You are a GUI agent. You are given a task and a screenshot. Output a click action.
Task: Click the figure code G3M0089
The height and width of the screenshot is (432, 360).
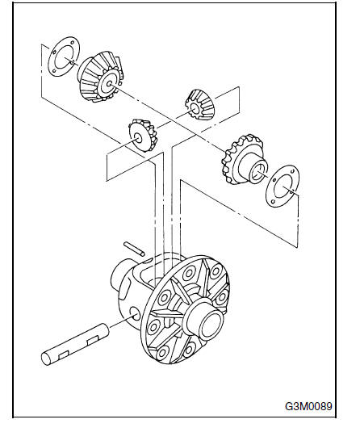coord(308,406)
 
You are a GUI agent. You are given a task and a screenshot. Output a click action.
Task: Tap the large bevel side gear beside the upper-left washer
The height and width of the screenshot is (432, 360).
coord(100,77)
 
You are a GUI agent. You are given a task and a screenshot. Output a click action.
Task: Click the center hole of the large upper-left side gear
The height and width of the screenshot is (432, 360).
coord(109,83)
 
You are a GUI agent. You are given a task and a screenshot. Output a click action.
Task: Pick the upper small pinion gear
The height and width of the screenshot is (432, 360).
coord(199,105)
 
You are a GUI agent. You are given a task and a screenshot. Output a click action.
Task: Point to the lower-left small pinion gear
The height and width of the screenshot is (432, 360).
coord(143,135)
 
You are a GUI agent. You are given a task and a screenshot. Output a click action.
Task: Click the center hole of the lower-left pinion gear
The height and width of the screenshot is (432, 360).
coord(139,138)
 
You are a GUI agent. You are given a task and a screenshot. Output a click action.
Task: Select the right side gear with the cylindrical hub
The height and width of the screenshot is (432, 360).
coord(245,160)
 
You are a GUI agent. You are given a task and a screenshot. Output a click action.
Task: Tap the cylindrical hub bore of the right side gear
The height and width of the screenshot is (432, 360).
coord(258,173)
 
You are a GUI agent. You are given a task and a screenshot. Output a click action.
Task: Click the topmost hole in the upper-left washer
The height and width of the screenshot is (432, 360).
coord(72,43)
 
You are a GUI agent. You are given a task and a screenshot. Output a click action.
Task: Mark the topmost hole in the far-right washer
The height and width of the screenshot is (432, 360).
coord(291,171)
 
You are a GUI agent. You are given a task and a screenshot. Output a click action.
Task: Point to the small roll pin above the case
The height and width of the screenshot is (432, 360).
coord(134,249)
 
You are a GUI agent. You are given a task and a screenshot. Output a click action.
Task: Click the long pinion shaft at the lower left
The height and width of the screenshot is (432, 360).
coord(75,344)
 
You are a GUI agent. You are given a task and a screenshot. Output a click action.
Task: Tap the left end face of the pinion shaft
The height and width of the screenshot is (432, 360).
coord(46,359)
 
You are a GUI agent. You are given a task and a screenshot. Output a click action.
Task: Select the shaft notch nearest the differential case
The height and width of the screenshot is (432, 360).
coord(93,341)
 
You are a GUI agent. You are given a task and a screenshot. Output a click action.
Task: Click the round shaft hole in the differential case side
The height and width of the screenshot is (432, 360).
coord(136,314)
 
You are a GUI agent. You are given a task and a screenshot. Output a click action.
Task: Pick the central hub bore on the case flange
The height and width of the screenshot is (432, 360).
coord(211,325)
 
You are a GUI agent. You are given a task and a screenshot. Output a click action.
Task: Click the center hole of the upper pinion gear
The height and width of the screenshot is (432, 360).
coord(195,109)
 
